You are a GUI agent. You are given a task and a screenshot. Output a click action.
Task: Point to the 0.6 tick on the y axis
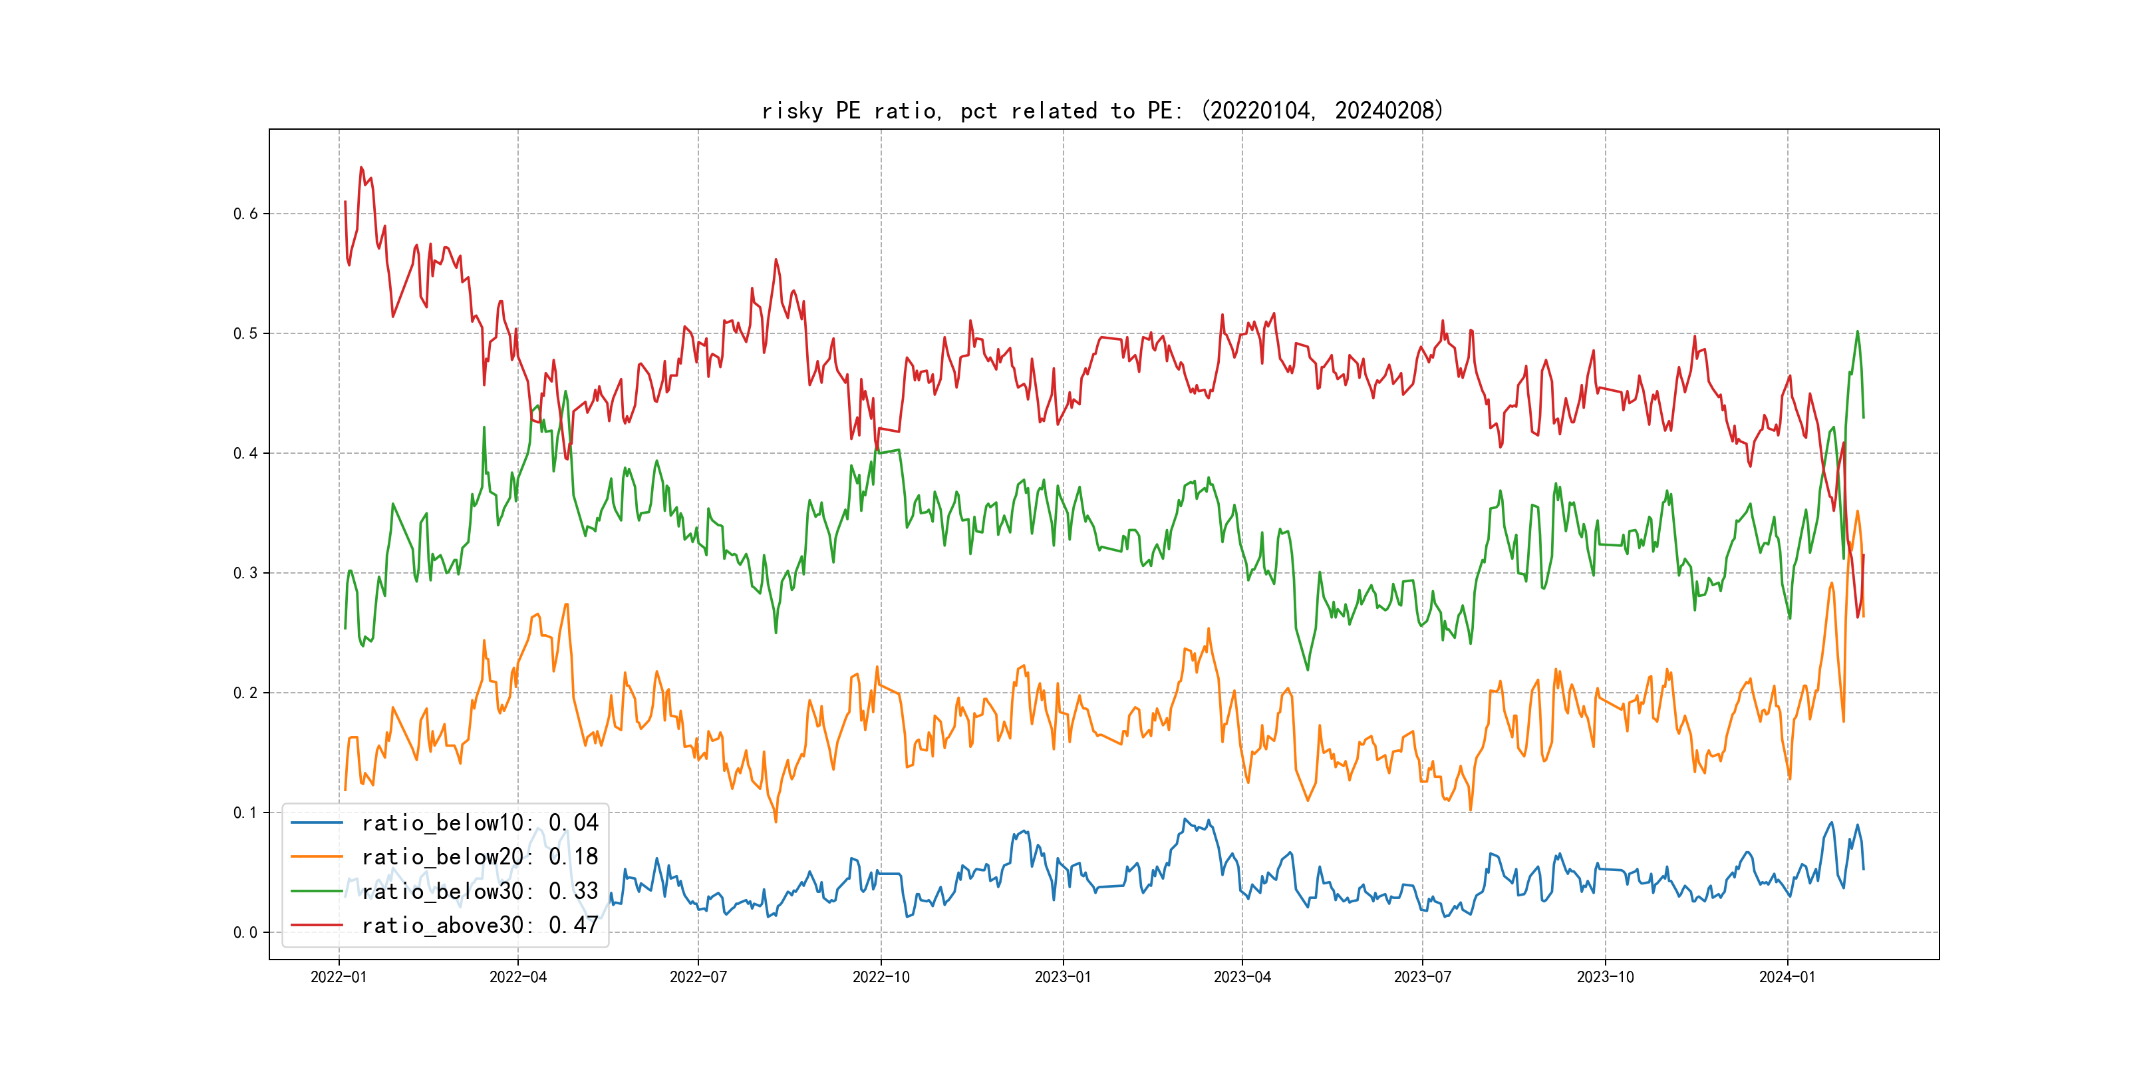pos(245,214)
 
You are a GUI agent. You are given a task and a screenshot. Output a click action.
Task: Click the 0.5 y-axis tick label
pos(245,333)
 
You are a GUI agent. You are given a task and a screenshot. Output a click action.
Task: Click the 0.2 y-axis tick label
pos(245,692)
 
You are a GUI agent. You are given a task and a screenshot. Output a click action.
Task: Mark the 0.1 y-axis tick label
pos(245,812)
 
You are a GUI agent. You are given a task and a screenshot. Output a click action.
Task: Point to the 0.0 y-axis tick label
pos(245,932)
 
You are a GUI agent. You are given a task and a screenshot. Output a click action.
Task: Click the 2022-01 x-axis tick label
pos(339,977)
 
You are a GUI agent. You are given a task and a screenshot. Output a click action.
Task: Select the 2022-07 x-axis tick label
pos(698,977)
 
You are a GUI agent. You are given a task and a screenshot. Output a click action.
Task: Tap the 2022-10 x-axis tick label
pos(880,977)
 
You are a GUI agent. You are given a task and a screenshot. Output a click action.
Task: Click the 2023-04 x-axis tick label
pos(1242,977)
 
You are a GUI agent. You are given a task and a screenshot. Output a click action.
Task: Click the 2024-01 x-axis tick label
pos(1787,977)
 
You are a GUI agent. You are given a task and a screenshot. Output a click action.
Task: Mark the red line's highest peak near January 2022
pos(361,168)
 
